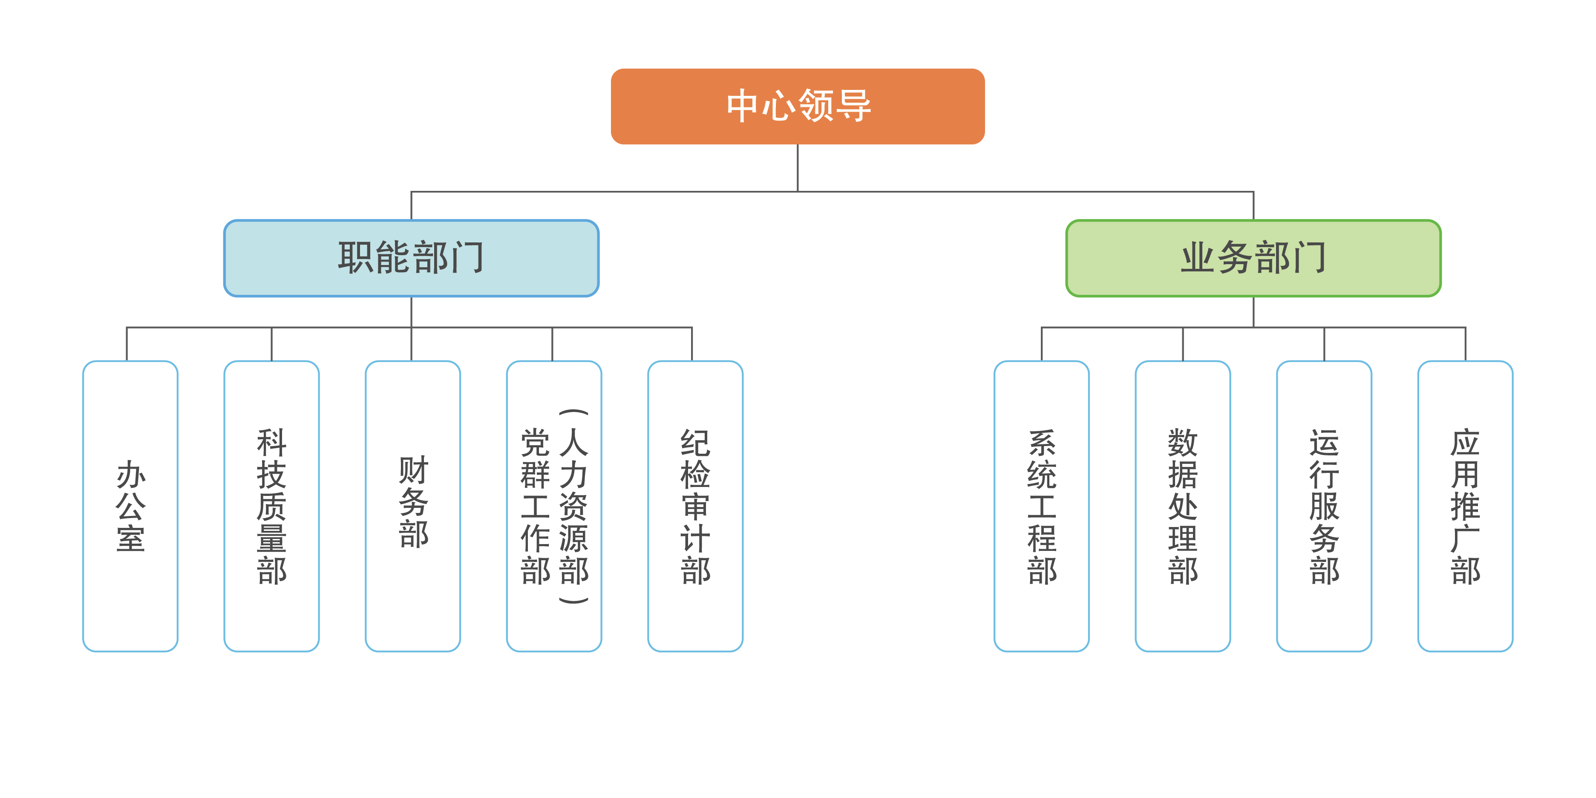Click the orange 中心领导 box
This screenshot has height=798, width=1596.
[798, 106]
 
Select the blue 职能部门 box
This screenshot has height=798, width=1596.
[411, 258]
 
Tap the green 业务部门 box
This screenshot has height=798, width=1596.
[1253, 258]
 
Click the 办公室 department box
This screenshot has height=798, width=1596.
[130, 506]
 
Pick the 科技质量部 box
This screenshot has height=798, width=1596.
[271, 506]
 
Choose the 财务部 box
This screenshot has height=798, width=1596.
[412, 506]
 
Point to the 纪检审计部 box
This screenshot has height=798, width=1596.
[695, 506]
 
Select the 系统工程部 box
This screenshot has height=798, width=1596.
[1041, 506]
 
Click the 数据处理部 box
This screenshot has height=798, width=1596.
[1183, 506]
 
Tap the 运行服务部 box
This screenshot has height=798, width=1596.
[1324, 506]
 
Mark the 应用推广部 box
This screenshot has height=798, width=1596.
[1465, 506]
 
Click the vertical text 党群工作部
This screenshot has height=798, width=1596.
[535, 506]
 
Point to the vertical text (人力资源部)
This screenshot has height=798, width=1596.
[573, 506]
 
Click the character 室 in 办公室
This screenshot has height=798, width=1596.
[130, 538]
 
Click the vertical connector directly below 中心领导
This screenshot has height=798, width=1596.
[798, 167]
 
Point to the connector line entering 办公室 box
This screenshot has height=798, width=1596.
[127, 344]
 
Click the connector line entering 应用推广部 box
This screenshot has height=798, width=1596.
[1465, 344]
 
